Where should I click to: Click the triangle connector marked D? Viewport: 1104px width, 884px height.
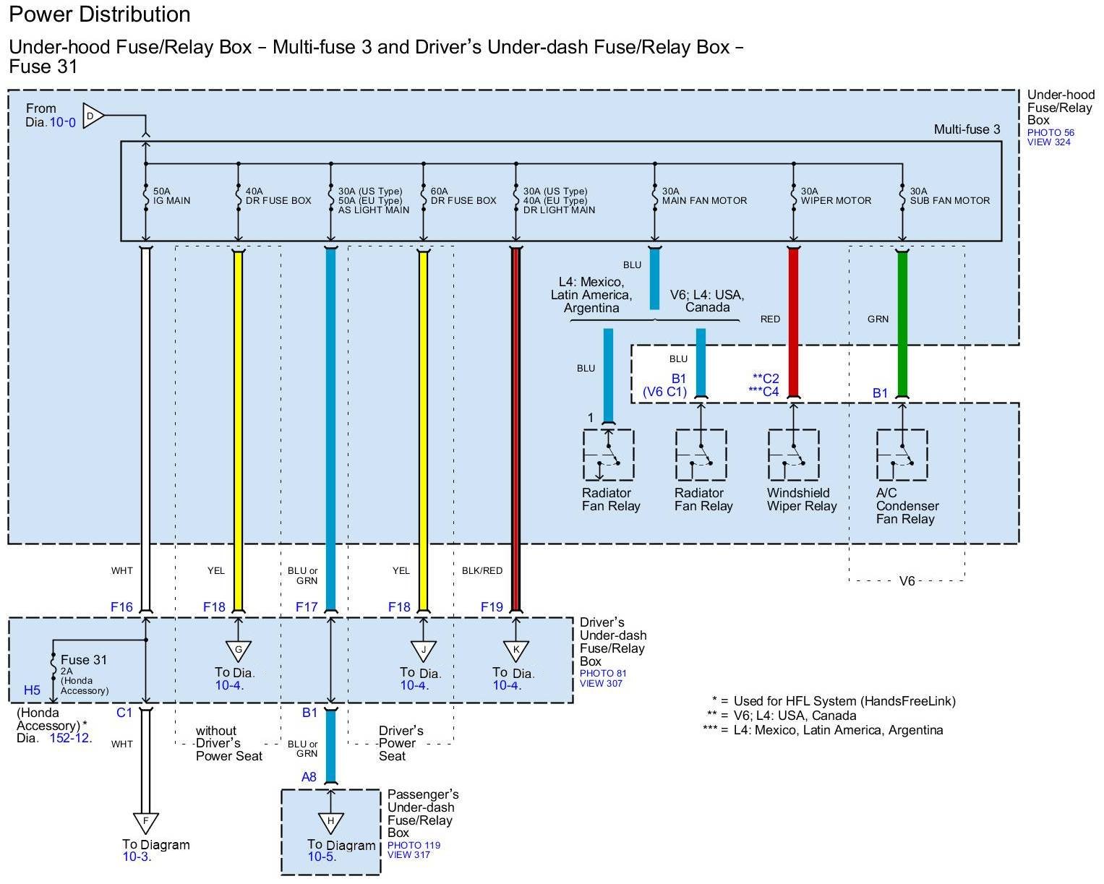[92, 116]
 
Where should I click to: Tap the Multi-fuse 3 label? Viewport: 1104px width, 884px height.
[967, 130]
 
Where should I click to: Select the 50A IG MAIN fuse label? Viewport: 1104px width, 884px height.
[171, 197]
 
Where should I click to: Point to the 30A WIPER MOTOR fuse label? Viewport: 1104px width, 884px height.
[836, 197]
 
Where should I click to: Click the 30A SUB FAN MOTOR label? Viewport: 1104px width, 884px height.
[949, 197]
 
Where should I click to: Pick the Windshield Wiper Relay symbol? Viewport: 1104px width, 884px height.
[793, 455]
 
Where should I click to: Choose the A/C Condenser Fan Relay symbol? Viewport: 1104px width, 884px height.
[902, 455]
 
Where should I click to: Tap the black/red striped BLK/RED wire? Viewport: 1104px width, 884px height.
[516, 434]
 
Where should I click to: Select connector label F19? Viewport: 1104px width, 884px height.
[492, 607]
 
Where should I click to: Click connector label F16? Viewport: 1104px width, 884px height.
[121, 607]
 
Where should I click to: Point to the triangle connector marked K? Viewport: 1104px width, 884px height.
[516, 651]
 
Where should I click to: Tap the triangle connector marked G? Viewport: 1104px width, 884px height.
[238, 651]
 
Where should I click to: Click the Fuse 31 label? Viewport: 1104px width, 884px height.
[84, 660]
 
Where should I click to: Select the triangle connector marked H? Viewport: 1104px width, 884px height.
[331, 822]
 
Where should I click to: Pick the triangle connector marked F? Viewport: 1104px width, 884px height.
[146, 822]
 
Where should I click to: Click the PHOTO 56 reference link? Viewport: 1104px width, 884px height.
[1050, 133]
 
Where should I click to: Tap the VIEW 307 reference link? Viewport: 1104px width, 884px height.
[601, 684]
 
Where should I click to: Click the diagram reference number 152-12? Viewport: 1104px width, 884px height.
[71, 739]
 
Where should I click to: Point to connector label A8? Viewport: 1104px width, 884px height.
[309, 777]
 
